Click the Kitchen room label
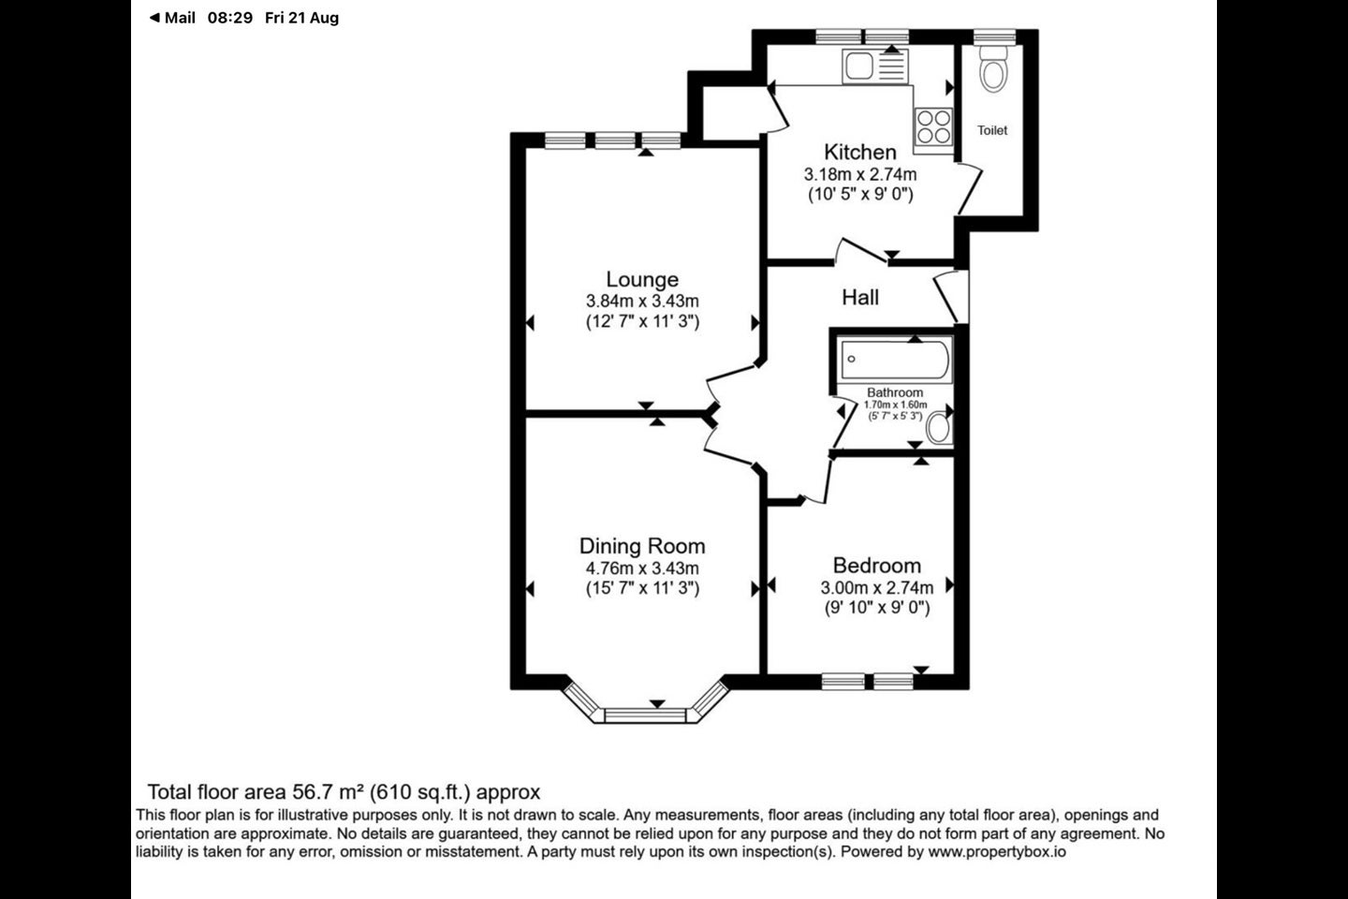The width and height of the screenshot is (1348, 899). click(x=860, y=152)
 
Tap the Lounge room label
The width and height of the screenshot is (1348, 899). click(x=642, y=279)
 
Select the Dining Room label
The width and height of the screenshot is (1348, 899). click(x=642, y=546)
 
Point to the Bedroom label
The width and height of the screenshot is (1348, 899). click(x=877, y=566)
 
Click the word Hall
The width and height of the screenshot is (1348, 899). click(x=860, y=298)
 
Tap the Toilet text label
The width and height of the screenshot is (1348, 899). click(x=992, y=130)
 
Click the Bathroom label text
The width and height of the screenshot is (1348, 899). click(x=895, y=392)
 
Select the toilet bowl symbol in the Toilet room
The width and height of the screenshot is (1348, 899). click(x=993, y=68)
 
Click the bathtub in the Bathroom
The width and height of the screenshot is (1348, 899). click(x=896, y=360)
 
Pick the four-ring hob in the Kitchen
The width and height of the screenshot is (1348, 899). click(x=933, y=127)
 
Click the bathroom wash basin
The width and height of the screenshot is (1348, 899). click(x=939, y=428)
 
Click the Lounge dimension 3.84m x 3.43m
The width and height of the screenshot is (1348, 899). click(x=642, y=302)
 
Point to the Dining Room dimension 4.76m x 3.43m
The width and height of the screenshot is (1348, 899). click(x=642, y=567)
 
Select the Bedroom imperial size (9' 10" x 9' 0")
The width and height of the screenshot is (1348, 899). click(x=877, y=608)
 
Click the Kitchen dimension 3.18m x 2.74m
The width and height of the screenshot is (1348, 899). click(x=860, y=174)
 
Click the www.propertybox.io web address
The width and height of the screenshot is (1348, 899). click(x=997, y=852)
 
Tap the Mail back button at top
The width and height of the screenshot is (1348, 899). click(x=172, y=18)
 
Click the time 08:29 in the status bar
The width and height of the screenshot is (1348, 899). click(x=230, y=18)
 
